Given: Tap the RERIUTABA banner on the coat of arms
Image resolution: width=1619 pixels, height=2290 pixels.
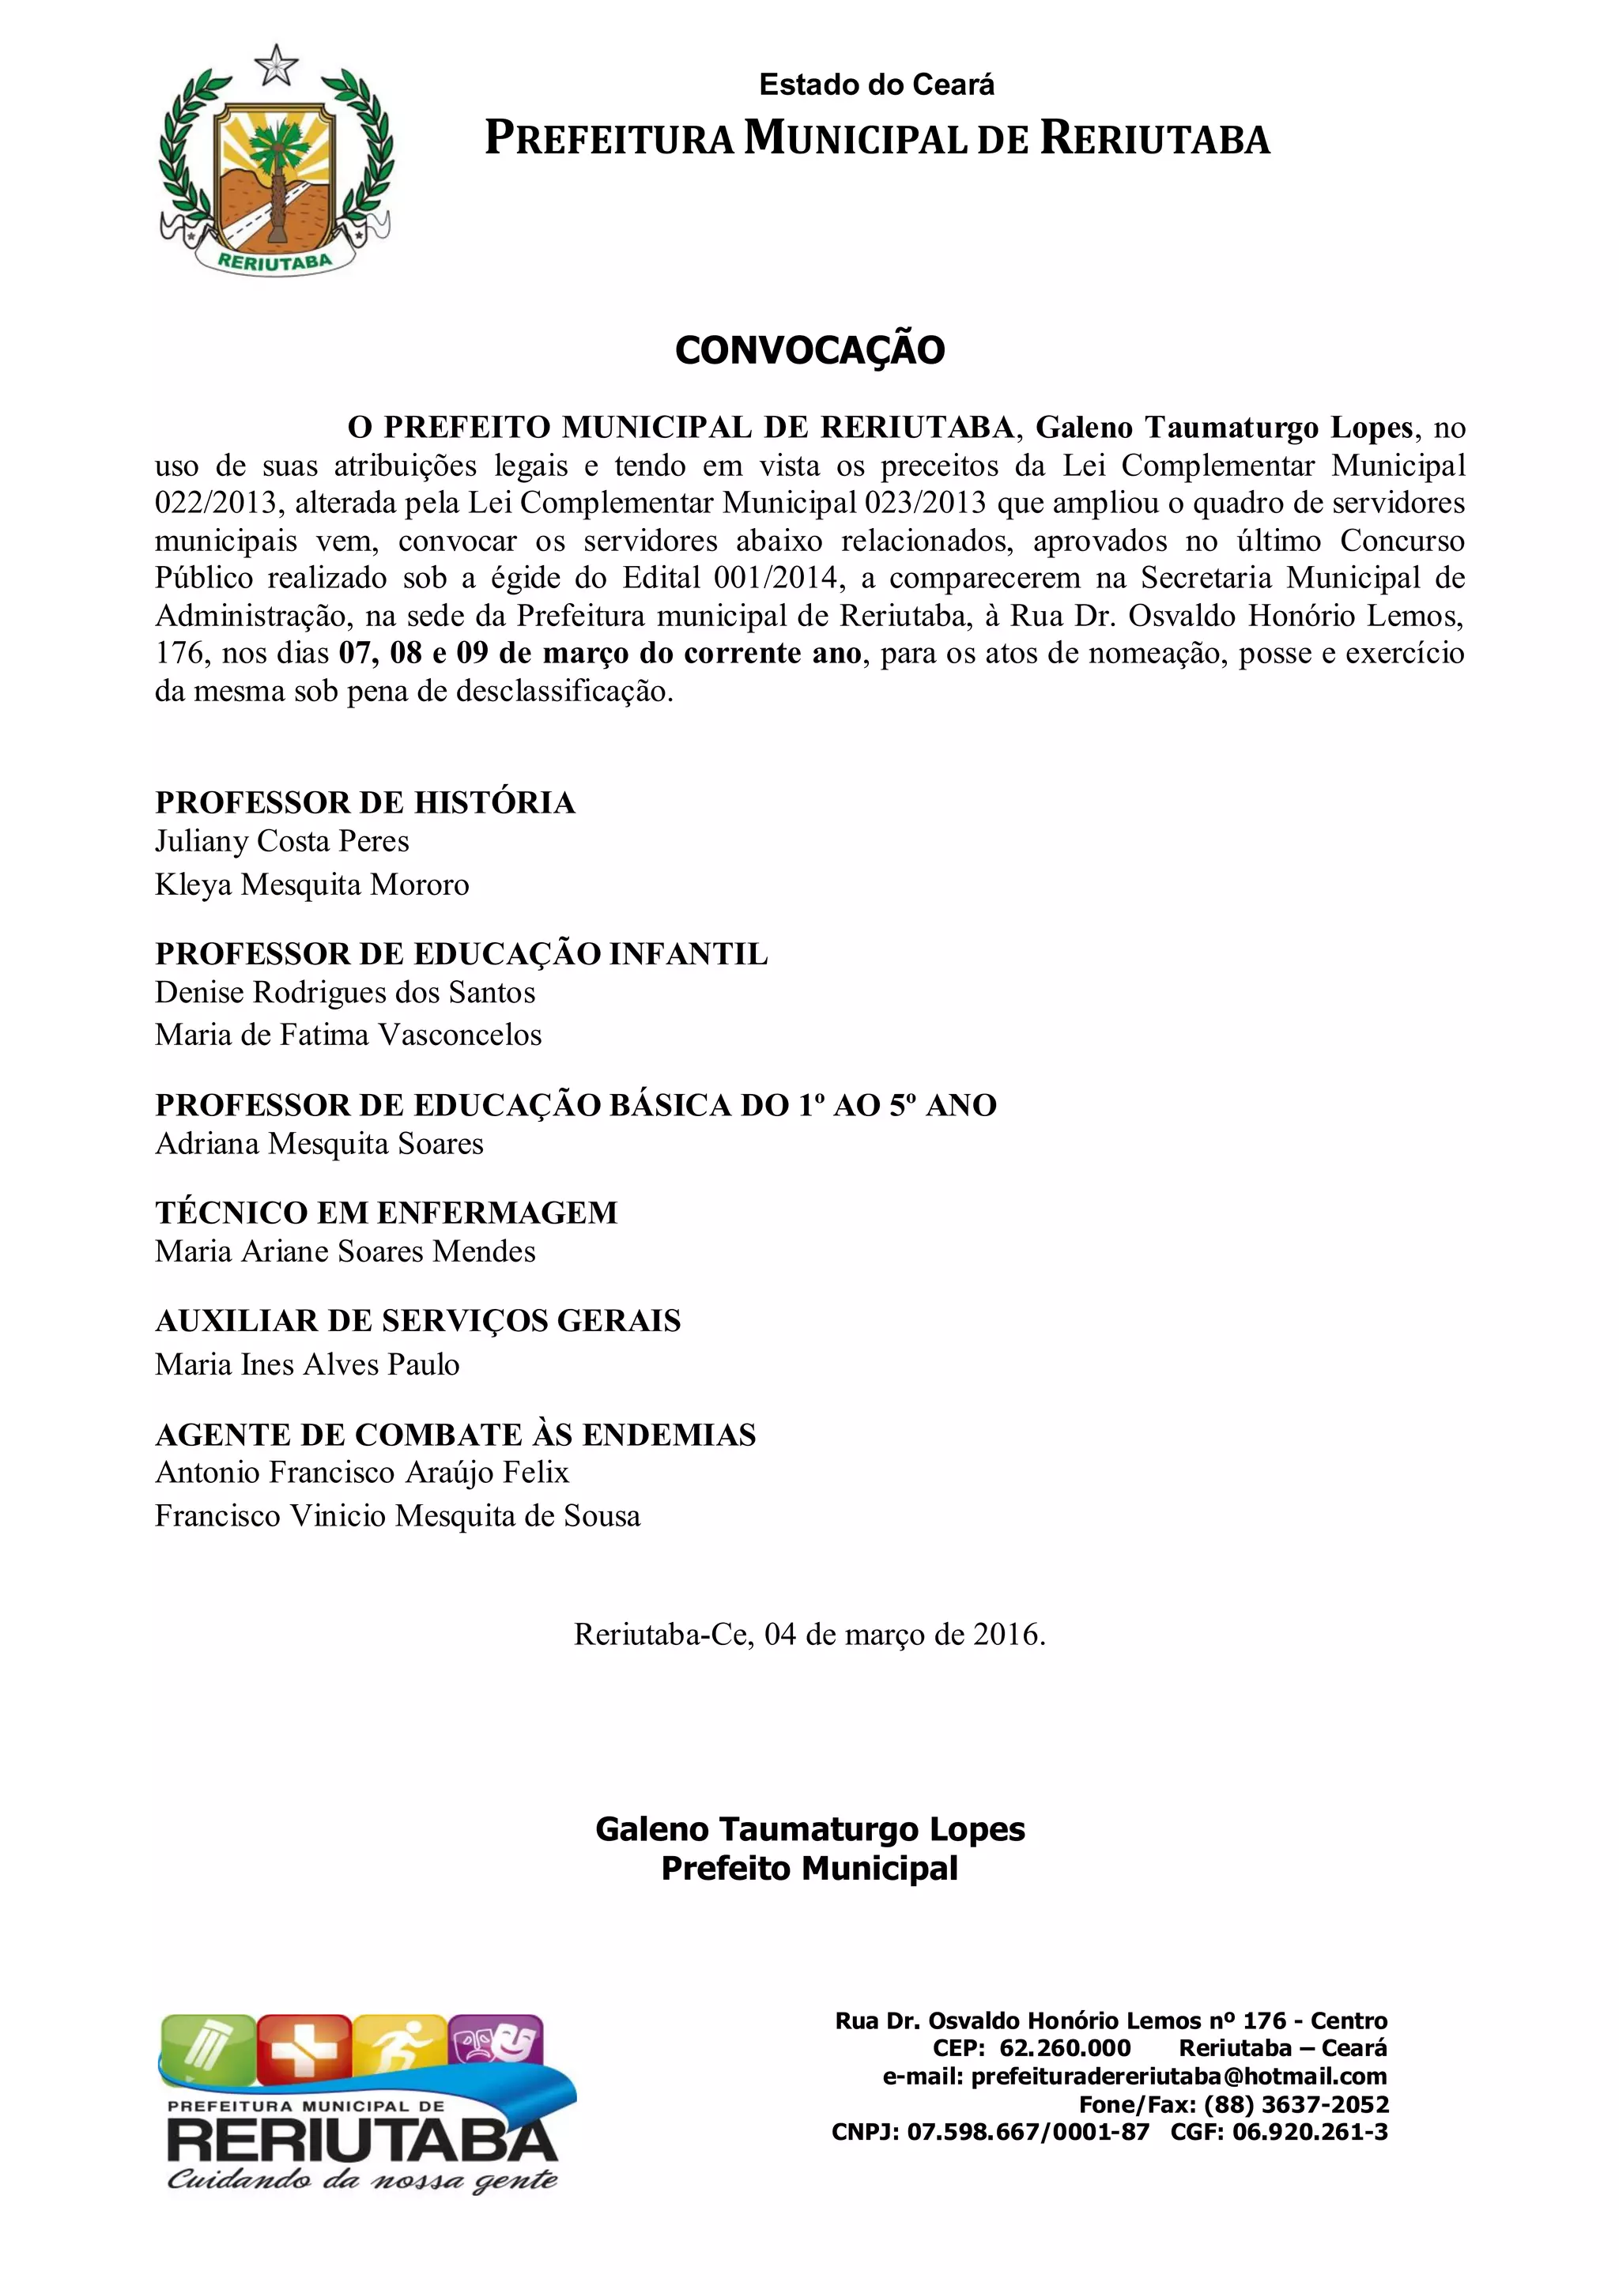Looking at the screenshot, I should click(x=274, y=262).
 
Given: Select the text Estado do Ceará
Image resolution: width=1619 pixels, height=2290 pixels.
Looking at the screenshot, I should click(x=876, y=85).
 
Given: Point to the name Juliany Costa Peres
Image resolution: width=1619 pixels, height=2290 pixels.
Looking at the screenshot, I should click(x=281, y=841).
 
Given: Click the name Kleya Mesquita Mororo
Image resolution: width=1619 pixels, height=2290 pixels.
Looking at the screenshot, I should click(x=311, y=885).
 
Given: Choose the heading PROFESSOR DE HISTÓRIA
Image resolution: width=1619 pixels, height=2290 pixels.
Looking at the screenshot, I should click(x=365, y=803).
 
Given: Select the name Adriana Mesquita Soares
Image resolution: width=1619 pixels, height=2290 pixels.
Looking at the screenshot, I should click(x=319, y=1143).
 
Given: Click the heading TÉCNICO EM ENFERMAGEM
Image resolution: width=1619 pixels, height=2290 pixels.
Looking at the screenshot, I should click(x=386, y=1213).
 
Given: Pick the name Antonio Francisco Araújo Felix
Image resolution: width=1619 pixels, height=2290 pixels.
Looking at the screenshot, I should click(x=361, y=1472).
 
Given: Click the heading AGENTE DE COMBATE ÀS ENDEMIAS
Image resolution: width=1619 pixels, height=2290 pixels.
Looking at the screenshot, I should click(x=455, y=1434).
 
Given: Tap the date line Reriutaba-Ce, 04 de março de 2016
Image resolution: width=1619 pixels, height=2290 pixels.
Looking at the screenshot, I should click(x=809, y=1635).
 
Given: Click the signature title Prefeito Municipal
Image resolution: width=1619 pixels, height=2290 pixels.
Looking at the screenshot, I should click(x=809, y=1868).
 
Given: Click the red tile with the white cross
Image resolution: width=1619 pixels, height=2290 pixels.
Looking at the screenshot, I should click(x=304, y=2046).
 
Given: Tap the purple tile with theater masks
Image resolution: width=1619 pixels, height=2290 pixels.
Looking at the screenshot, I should click(x=496, y=2041).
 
